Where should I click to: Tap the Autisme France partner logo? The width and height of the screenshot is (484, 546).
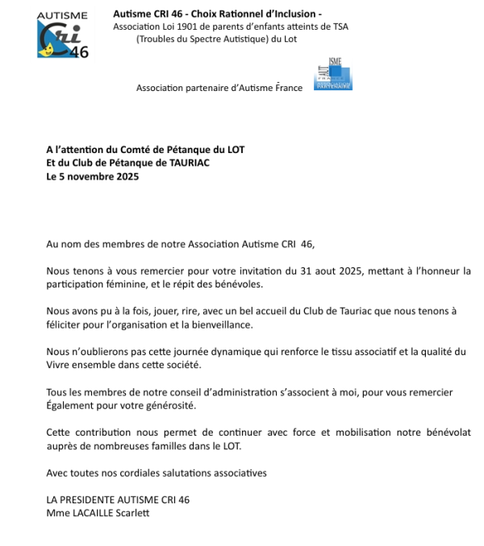[x=333, y=76]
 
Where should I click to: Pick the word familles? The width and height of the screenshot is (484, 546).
[x=189, y=445]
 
